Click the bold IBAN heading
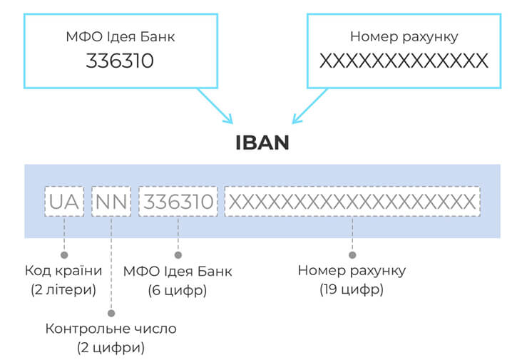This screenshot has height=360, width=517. pos(262,142)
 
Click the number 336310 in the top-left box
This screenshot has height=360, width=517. pos(120,61)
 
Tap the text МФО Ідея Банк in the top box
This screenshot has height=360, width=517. pos(120,36)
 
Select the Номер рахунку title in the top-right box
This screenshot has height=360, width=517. pos(404,36)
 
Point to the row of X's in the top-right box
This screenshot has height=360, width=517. pos(404,61)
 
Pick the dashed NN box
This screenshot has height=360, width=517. pos(111,202)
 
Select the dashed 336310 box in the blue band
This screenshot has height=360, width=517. pos(178,202)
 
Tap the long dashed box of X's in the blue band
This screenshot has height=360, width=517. pos(352,202)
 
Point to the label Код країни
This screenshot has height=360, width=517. pos(63,271)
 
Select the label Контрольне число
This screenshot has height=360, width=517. pos(111,329)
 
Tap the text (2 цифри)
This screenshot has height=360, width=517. pos(111,348)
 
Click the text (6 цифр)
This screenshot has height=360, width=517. pos(178,290)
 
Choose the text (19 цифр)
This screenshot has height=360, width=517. pos(352,290)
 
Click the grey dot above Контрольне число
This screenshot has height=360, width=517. pos(111,312)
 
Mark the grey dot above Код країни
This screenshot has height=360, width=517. pos(64,254)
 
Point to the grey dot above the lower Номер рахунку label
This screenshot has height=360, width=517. pos(352,254)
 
